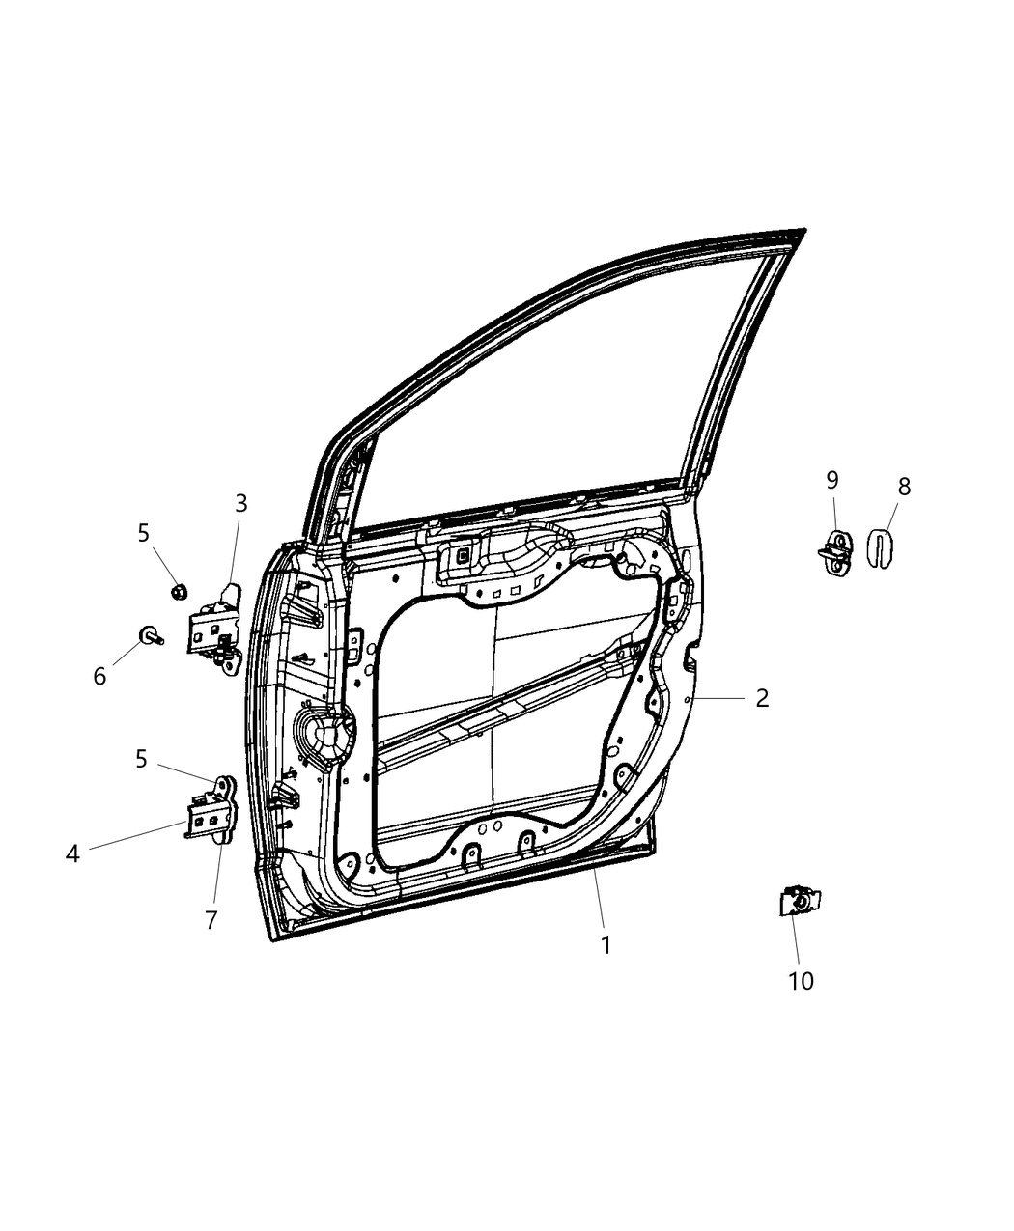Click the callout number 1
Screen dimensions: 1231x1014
(x=606, y=945)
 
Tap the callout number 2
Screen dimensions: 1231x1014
(x=762, y=698)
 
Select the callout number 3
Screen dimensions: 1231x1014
(x=241, y=503)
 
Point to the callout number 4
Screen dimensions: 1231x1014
(x=72, y=853)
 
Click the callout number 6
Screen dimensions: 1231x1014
(x=99, y=677)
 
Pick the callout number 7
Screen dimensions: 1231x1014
(x=211, y=920)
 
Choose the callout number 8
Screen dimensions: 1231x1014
(x=904, y=487)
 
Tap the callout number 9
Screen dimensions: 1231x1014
(x=831, y=480)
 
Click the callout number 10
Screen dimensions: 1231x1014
(x=801, y=981)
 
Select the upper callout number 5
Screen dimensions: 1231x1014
(x=143, y=532)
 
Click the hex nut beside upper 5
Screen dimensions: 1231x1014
(x=178, y=590)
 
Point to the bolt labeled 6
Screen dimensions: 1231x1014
(x=152, y=634)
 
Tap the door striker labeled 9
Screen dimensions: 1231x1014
(x=835, y=553)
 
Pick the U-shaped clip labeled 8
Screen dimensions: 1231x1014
(x=879, y=547)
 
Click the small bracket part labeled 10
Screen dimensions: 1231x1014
(x=799, y=902)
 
